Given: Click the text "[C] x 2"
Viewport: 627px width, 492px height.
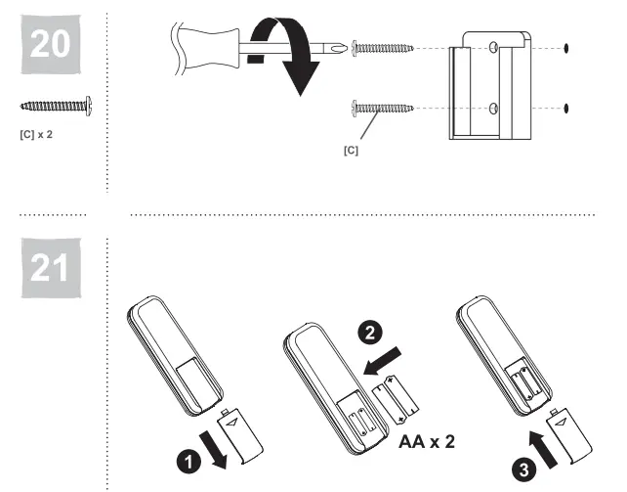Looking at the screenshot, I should tap(37, 133).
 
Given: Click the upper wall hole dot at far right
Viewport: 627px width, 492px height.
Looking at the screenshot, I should tap(568, 47).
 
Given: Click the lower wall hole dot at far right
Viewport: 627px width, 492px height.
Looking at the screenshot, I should tap(568, 107).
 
